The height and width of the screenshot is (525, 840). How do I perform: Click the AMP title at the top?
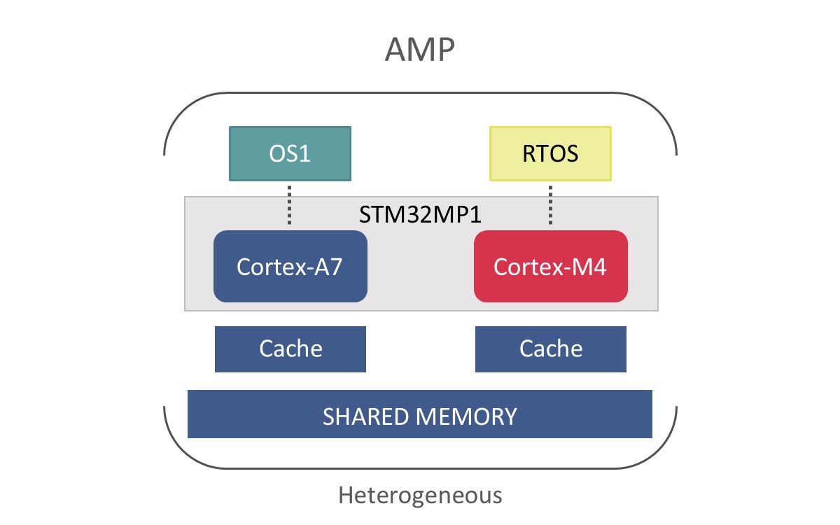420,50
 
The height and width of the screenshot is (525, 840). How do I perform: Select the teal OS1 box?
290,153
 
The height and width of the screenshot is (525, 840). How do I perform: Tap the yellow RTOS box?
550,153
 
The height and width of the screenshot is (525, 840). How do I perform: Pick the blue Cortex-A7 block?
290,266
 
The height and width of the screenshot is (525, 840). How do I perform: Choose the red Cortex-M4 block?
550,266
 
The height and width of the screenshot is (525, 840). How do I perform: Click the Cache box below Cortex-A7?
290,349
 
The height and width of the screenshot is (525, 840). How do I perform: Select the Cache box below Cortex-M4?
550,349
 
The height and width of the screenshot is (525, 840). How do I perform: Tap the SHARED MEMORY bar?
420,414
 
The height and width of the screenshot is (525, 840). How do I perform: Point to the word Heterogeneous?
420,496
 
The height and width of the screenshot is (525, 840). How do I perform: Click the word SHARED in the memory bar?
367,416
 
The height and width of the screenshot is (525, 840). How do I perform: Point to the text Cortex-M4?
550,267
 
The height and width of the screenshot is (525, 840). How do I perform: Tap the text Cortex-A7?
290,267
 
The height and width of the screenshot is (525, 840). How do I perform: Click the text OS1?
290,154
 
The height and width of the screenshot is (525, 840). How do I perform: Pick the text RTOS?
550,154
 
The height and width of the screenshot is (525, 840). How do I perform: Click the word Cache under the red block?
550,349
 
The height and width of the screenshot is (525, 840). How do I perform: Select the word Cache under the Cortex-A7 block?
290,349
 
